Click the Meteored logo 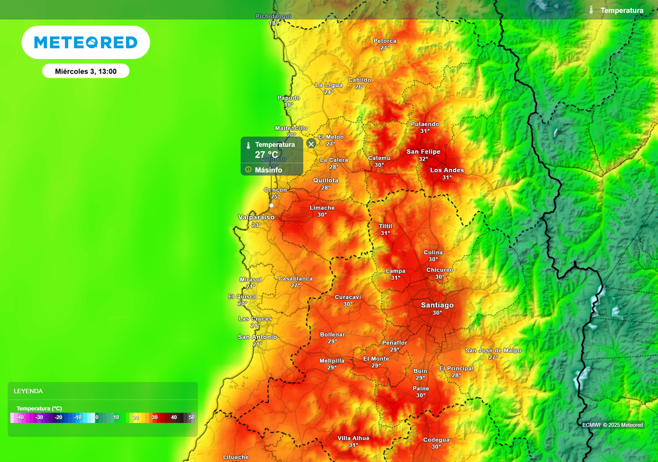85,42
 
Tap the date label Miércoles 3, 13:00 85,71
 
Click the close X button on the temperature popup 311,144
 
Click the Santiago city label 437,305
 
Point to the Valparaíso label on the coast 256,217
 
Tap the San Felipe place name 423,151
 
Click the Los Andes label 447,170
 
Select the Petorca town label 385,41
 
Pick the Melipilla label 332,361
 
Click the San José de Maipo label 493,350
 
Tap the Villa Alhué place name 353,438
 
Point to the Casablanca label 296,278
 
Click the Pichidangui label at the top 274,16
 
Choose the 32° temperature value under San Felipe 423,159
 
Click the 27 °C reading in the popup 267,155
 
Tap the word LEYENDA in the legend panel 28,391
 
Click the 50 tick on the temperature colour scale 191,418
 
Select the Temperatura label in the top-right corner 621,10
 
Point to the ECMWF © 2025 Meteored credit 612,425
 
